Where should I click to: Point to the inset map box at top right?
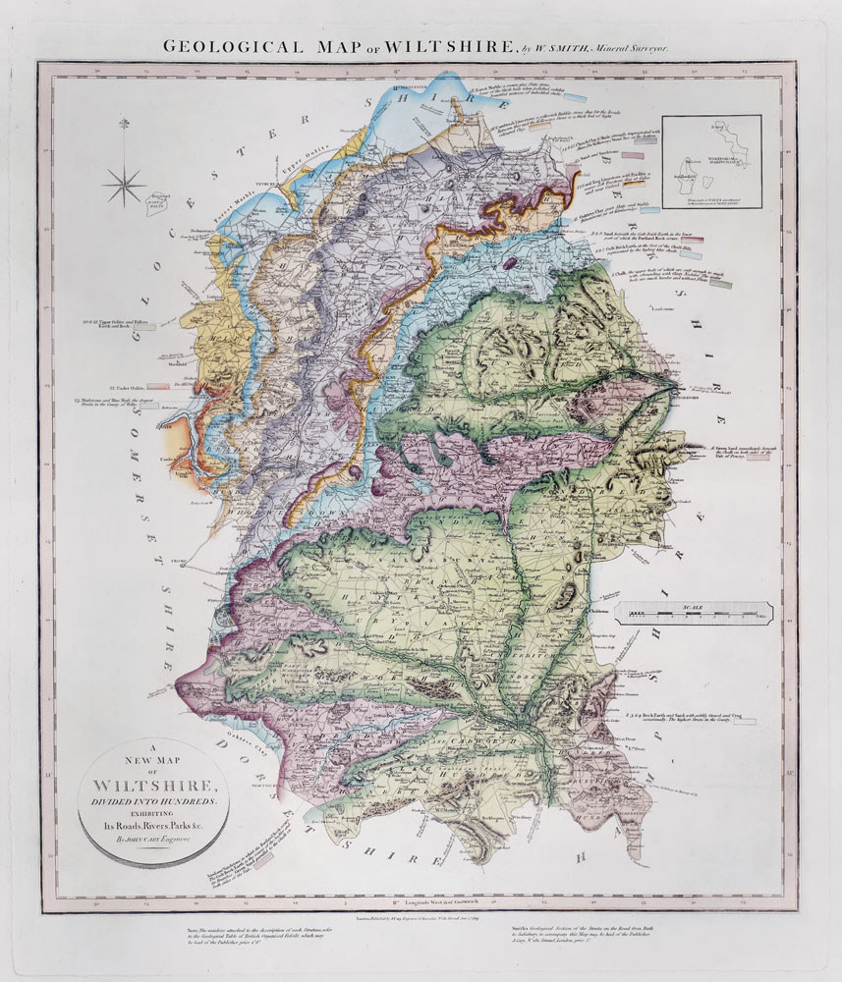(711, 162)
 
